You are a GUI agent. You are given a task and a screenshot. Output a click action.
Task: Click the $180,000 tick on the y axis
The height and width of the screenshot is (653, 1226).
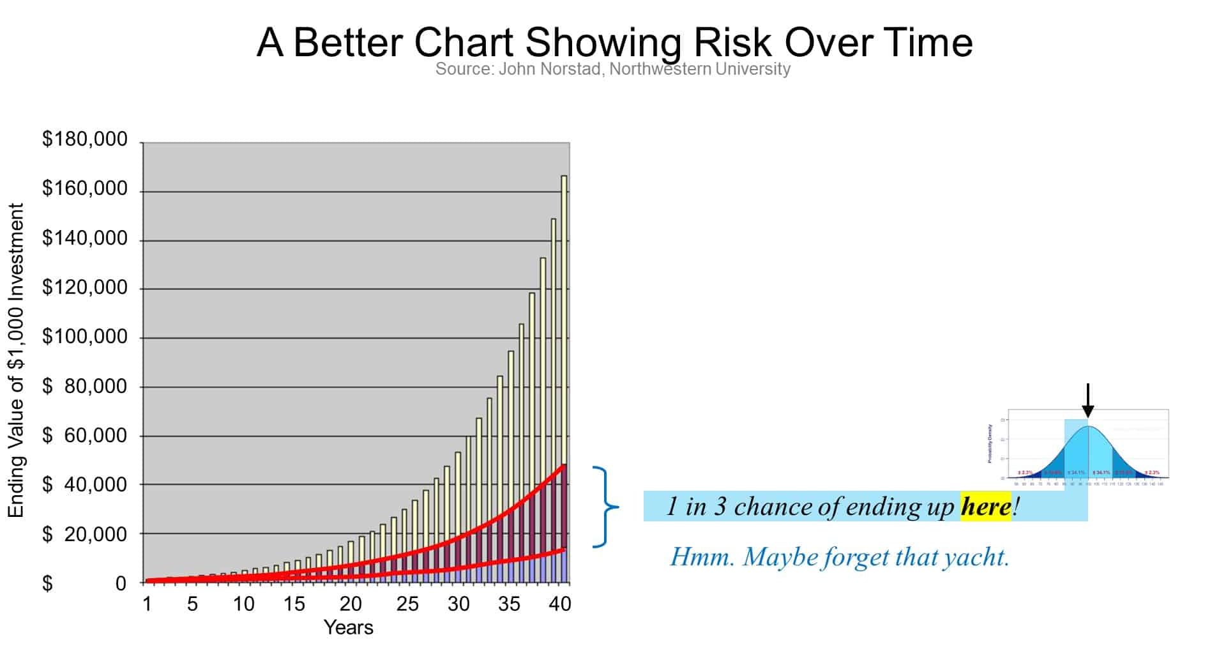[85, 139]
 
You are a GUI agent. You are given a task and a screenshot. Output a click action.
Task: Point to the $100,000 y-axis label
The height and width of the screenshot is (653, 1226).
[85, 337]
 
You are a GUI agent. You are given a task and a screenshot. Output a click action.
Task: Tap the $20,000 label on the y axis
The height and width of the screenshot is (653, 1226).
[85, 534]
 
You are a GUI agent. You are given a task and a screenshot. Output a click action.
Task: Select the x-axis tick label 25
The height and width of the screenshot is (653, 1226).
[407, 604]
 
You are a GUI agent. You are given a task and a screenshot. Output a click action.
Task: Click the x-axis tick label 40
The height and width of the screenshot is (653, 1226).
[560, 604]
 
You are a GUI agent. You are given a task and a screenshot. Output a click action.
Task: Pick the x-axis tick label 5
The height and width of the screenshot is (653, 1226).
[192, 604]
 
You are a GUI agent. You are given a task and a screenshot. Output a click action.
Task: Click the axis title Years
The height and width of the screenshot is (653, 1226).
[348, 627]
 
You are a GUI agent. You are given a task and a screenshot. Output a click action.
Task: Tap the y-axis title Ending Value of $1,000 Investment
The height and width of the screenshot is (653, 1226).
[16, 360]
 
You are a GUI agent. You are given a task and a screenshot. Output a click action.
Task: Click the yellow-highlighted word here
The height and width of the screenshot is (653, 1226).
[985, 507]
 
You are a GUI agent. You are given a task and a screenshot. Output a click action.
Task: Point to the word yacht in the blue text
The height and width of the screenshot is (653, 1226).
[976, 557]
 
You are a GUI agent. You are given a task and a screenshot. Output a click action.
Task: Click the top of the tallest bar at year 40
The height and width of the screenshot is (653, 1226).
[564, 176]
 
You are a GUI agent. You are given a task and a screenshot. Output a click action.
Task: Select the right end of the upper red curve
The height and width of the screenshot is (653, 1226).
[564, 465]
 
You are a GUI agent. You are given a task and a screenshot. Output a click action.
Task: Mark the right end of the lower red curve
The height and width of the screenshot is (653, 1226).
[564, 548]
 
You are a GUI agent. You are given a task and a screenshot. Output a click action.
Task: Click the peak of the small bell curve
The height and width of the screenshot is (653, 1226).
[1088, 427]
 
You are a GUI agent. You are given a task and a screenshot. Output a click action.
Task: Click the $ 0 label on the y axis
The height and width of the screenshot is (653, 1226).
[85, 583]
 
